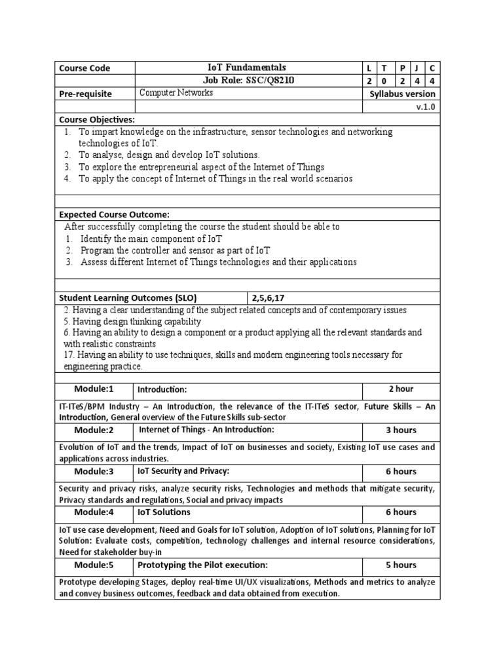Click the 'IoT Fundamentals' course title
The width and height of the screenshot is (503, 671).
[x=247, y=67]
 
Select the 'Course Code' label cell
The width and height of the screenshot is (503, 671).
[x=84, y=68]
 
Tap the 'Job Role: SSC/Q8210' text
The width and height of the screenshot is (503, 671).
[x=247, y=80]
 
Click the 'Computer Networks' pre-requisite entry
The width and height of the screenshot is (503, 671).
[x=176, y=93]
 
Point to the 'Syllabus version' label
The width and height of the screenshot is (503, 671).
[x=402, y=94]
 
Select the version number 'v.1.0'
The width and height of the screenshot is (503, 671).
[x=425, y=107]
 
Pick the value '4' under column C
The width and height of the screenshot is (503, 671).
[x=432, y=81]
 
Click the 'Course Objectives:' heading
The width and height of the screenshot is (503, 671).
[x=97, y=119]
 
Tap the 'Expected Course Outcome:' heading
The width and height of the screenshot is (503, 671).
[x=114, y=214]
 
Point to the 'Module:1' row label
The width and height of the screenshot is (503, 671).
[x=94, y=389]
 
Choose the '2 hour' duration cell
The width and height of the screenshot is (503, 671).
[x=401, y=389]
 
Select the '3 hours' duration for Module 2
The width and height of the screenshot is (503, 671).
[x=401, y=430]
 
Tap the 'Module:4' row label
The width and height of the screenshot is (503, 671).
[x=94, y=512]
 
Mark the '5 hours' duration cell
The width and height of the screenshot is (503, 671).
[x=401, y=565]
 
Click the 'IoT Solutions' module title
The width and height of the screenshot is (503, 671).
[x=164, y=512]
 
